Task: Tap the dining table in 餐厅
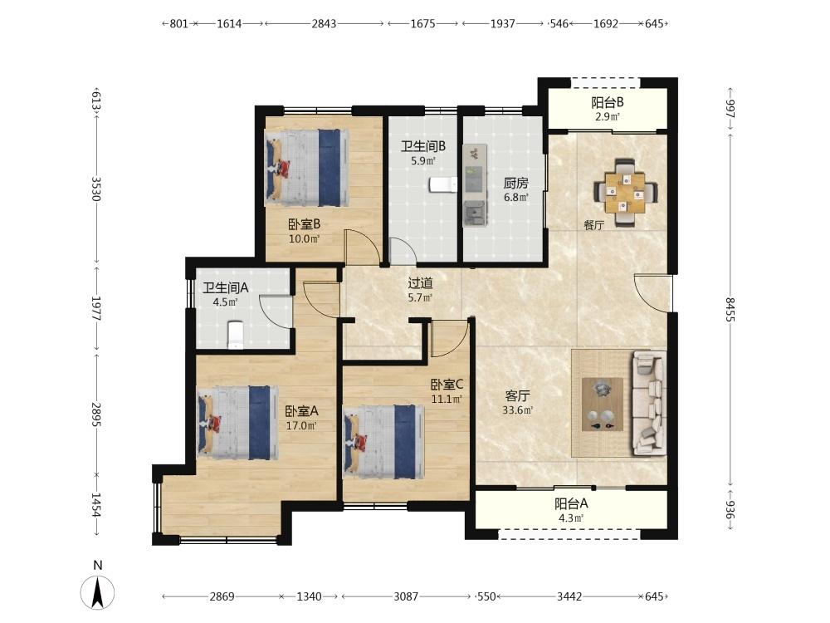pos(626,193)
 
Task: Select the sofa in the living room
pos(649,403)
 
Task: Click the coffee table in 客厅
pos(603,405)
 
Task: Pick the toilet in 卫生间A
pos(236,335)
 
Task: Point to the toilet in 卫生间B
pos(442,184)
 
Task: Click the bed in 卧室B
pos(308,168)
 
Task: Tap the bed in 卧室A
pos(238,422)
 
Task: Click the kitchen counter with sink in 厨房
pos(475,185)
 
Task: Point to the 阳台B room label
pos(608,102)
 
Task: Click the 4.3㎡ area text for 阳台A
pos(571,518)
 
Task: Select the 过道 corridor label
pos(420,283)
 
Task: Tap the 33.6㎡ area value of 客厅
pos(518,410)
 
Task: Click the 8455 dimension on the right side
pos(730,310)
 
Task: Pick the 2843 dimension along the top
pos(324,23)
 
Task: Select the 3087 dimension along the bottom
pos(406,596)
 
